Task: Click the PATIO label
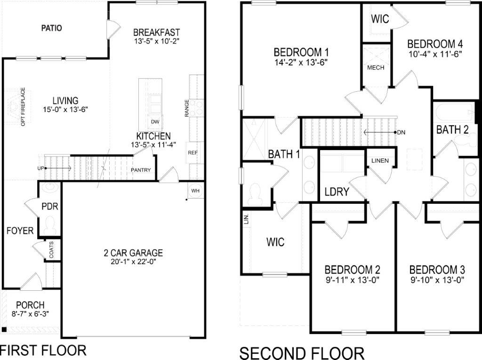(51, 28)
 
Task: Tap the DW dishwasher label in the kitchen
(155, 121)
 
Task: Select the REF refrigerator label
(193, 152)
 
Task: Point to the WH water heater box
(195, 191)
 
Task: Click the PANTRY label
(141, 170)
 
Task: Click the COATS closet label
(51, 250)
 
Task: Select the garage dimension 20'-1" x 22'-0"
(133, 262)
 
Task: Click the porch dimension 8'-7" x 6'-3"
(30, 313)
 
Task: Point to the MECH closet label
(376, 67)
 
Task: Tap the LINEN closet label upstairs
(380, 161)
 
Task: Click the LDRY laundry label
(337, 192)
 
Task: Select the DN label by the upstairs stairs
(401, 132)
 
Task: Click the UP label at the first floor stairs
(41, 168)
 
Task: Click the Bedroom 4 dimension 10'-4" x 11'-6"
(435, 54)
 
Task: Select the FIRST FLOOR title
(43, 351)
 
